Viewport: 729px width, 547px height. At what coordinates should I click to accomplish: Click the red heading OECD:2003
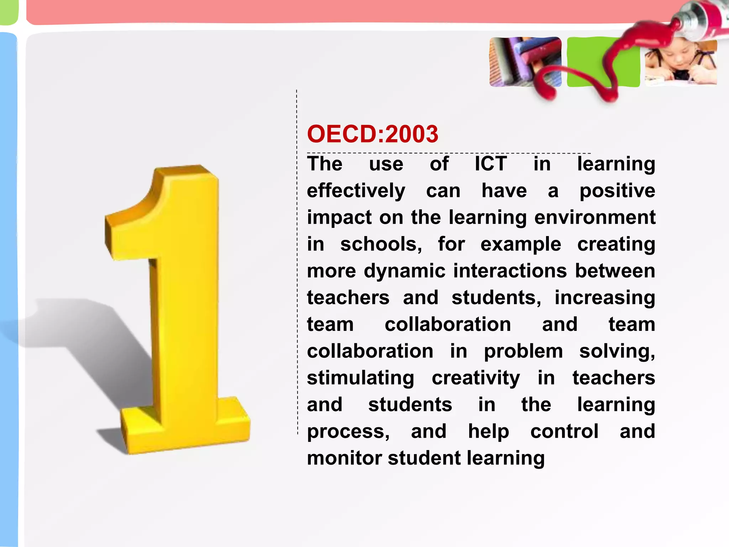pyautogui.click(x=372, y=134)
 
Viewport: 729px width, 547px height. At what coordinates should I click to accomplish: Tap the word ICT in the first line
pyautogui.click(x=491, y=164)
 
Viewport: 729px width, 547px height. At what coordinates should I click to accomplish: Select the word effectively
pyautogui.click(x=356, y=191)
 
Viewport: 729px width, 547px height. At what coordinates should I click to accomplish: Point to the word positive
pyautogui.click(x=617, y=191)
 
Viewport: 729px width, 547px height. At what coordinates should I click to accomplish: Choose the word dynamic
pyautogui.click(x=404, y=271)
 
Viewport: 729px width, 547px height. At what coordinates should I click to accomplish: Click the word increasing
pyautogui.click(x=605, y=298)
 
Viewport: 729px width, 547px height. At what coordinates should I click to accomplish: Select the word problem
pyautogui.click(x=523, y=351)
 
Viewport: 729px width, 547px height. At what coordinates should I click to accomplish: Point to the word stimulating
pyautogui.click(x=360, y=378)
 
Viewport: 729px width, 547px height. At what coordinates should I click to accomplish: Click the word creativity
pyautogui.click(x=476, y=378)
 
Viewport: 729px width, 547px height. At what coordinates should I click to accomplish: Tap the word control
pyautogui.click(x=564, y=432)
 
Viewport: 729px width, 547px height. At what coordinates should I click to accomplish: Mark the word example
pyautogui.click(x=520, y=244)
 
